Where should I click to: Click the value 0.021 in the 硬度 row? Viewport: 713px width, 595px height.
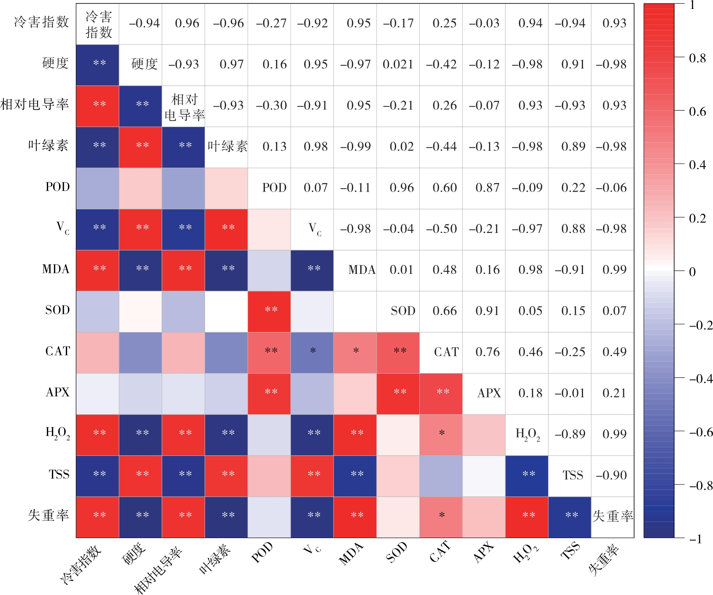[398, 65]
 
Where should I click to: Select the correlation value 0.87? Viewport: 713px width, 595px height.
[487, 188]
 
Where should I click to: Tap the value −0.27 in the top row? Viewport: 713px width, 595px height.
[271, 23]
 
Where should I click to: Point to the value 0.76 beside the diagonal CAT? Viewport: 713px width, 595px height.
[487, 352]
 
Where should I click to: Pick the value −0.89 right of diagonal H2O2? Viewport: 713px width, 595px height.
[570, 434]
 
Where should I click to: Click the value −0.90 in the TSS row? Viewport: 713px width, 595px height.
[611, 476]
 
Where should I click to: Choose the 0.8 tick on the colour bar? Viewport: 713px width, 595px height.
[697, 58]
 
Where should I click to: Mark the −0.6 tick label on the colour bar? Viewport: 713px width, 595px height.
[700, 432]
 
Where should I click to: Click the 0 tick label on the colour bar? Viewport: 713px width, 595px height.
[692, 272]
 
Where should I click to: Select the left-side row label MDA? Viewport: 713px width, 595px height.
[56, 269]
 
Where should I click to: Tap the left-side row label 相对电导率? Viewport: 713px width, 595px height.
[35, 104]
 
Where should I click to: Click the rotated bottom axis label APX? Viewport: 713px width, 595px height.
[483, 553]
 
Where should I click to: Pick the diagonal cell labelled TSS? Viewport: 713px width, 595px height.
[573, 476]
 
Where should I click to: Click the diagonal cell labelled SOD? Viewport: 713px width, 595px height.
[403, 311]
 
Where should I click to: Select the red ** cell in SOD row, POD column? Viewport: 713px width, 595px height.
[271, 310]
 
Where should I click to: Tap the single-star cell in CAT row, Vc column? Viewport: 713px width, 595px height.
[313, 351]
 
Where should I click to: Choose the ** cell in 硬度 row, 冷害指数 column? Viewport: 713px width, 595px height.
[100, 64]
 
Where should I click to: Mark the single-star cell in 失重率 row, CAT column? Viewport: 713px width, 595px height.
[442, 516]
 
